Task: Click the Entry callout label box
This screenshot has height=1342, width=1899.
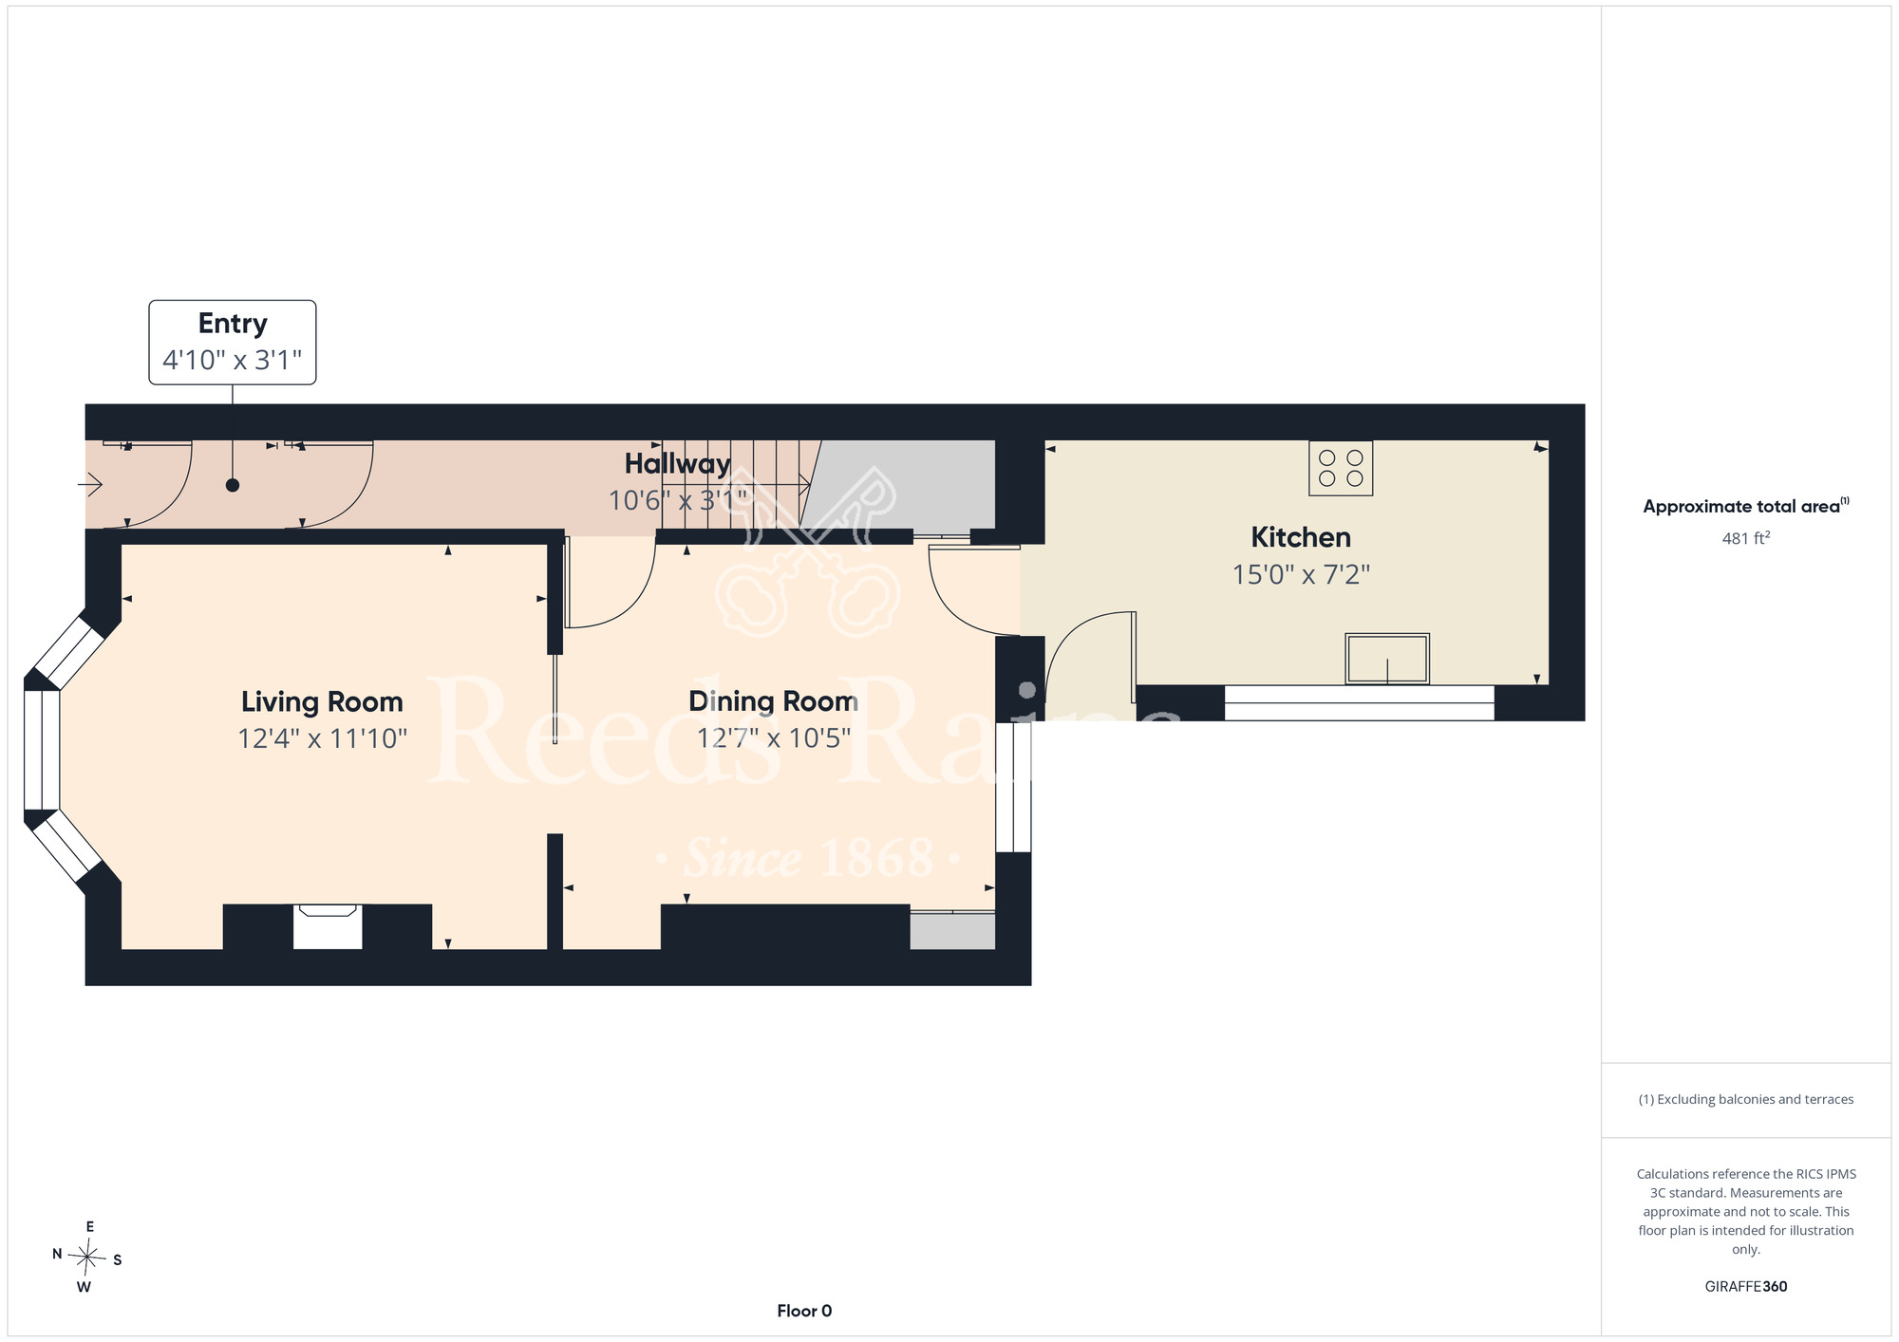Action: pyautogui.click(x=233, y=343)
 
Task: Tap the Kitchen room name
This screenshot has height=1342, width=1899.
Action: pyautogui.click(x=1301, y=537)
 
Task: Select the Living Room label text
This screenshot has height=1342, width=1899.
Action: pyautogui.click(x=322, y=702)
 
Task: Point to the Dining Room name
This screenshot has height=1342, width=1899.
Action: pyautogui.click(x=773, y=701)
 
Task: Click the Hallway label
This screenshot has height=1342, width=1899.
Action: pyautogui.click(x=678, y=464)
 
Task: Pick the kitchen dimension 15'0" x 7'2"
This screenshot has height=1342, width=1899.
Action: pyautogui.click(x=1301, y=575)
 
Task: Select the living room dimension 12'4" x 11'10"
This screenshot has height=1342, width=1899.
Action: pyautogui.click(x=322, y=738)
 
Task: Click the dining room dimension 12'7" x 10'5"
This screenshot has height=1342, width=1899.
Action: pyautogui.click(x=773, y=738)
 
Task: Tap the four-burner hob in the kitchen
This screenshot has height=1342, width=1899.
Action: pyautogui.click(x=1341, y=469)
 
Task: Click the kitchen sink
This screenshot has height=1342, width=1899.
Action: pyautogui.click(x=1387, y=659)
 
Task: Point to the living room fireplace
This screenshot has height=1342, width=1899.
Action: pyautogui.click(x=328, y=926)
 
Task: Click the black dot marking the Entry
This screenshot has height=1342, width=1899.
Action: pyautogui.click(x=233, y=485)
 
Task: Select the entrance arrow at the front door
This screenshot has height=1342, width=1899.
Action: pyautogui.click(x=90, y=486)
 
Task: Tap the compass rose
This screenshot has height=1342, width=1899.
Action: pyautogui.click(x=87, y=1258)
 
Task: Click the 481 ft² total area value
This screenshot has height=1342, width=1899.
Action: pyautogui.click(x=1746, y=538)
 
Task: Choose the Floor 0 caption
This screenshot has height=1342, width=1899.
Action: pyautogui.click(x=804, y=1311)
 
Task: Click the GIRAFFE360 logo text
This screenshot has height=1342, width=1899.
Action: pyautogui.click(x=1746, y=1287)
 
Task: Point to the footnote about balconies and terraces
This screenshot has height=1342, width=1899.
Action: pyautogui.click(x=1746, y=1099)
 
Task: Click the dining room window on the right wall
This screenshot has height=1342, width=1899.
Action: pyautogui.click(x=1013, y=788)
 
